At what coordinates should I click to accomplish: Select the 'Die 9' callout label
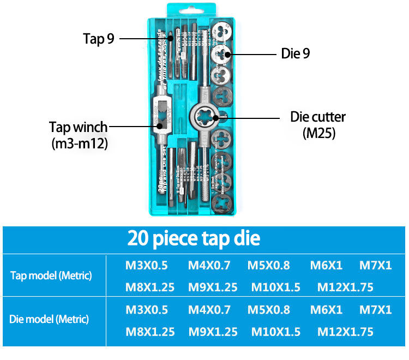click(x=296, y=54)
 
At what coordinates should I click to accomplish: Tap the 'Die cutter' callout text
click(x=317, y=117)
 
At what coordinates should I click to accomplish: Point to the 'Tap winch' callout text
click(x=79, y=127)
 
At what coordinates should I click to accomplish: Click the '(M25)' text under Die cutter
click(x=318, y=133)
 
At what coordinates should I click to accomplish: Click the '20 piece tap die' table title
click(x=194, y=238)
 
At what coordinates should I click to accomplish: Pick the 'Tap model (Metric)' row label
click(x=51, y=275)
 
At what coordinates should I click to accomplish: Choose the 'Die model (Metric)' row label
click(x=49, y=319)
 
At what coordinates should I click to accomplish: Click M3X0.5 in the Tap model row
click(x=147, y=266)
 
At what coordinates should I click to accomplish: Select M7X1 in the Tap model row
click(x=375, y=266)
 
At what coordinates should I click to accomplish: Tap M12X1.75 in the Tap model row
click(x=345, y=287)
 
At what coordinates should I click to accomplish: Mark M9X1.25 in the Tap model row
click(x=213, y=287)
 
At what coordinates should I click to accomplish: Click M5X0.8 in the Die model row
click(x=269, y=310)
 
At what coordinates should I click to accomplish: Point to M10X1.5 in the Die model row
click(x=275, y=332)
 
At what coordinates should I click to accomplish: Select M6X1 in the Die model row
click(x=326, y=310)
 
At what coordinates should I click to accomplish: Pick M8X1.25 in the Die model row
click(x=150, y=332)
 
